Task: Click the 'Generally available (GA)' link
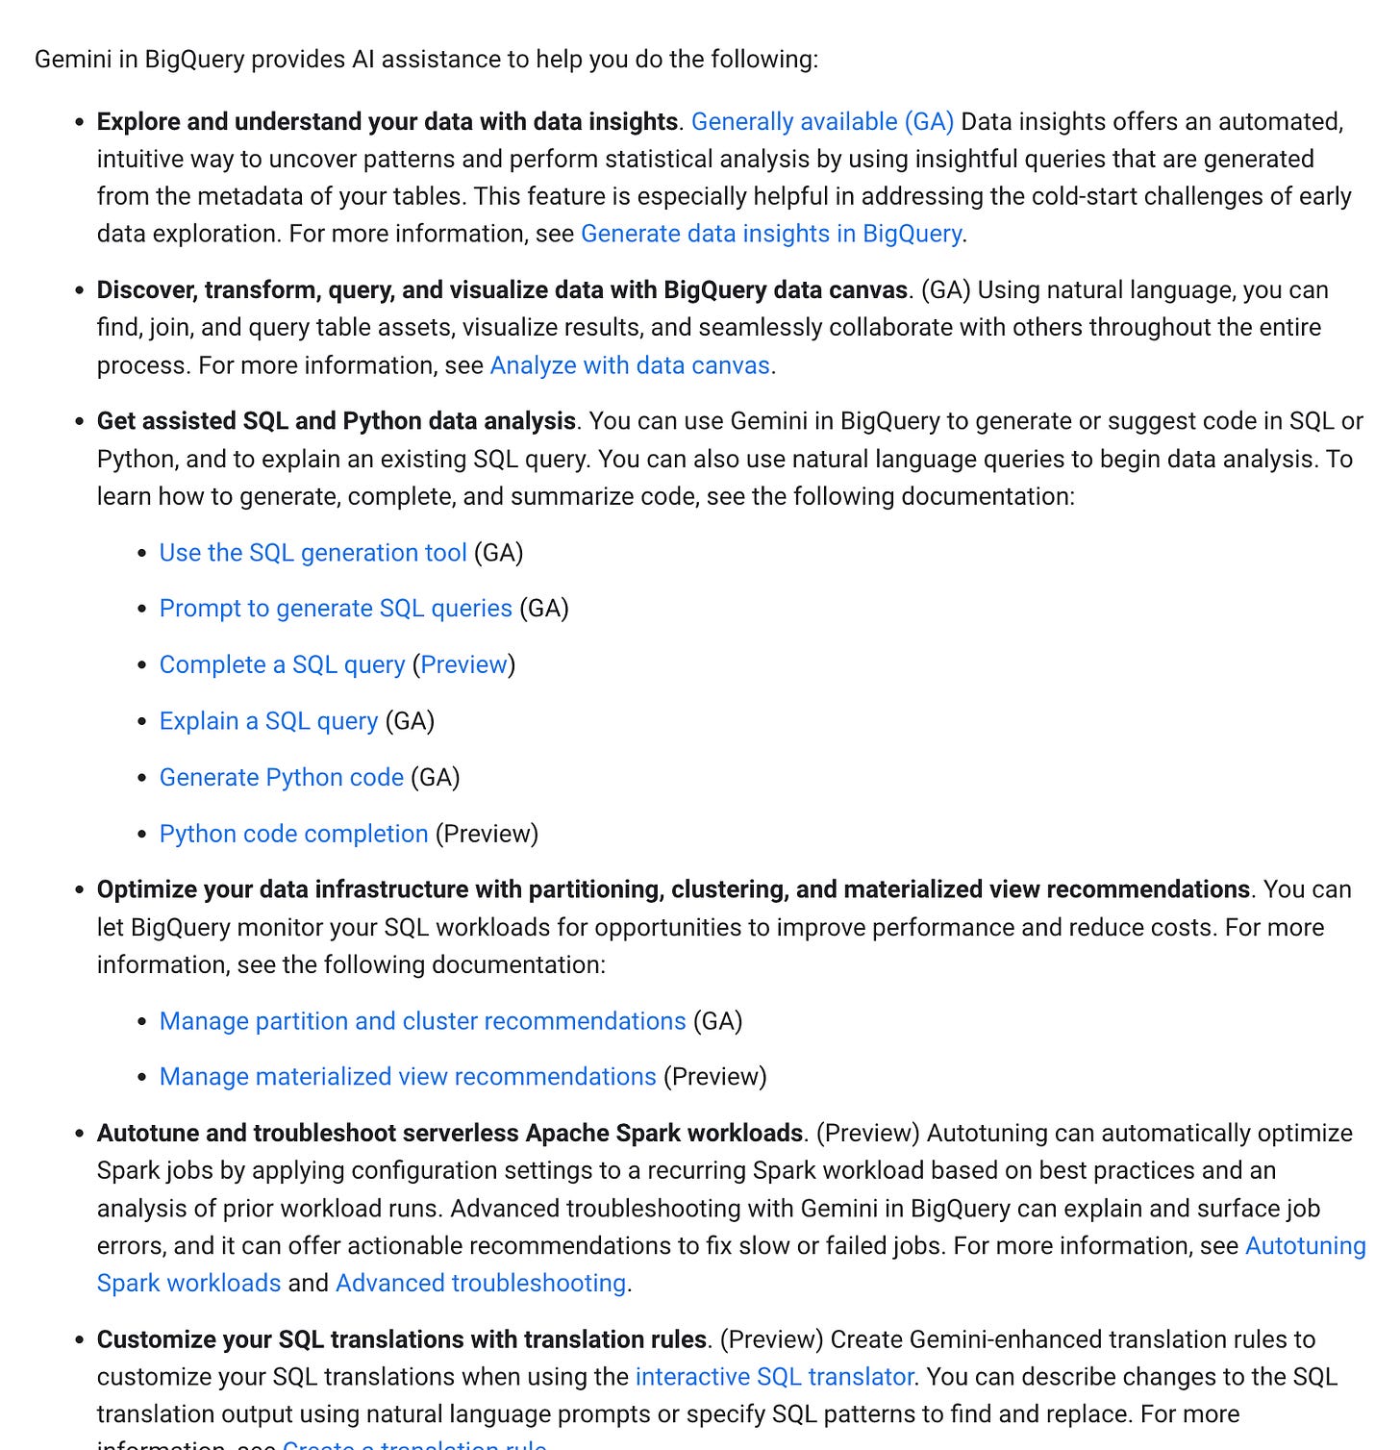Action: click(822, 122)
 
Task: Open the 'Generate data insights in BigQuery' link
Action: click(771, 235)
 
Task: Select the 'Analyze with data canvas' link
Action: click(630, 366)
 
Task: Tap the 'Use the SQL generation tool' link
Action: click(312, 553)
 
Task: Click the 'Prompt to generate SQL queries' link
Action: click(336, 609)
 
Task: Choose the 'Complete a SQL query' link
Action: click(282, 665)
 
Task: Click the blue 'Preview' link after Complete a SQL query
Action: click(464, 665)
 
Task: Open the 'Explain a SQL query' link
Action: click(268, 721)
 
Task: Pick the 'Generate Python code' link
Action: click(281, 778)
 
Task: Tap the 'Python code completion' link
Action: click(293, 834)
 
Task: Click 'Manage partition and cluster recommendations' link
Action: click(422, 1021)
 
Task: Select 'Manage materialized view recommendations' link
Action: click(408, 1077)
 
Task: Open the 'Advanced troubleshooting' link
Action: click(481, 1284)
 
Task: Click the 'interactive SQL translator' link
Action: click(774, 1377)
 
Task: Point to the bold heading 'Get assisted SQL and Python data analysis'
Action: click(337, 422)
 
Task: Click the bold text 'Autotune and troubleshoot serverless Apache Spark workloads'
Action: click(449, 1134)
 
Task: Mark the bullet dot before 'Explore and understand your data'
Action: click(80, 123)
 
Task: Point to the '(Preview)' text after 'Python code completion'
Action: click(487, 834)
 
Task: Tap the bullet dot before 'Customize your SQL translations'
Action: click(80, 1340)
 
